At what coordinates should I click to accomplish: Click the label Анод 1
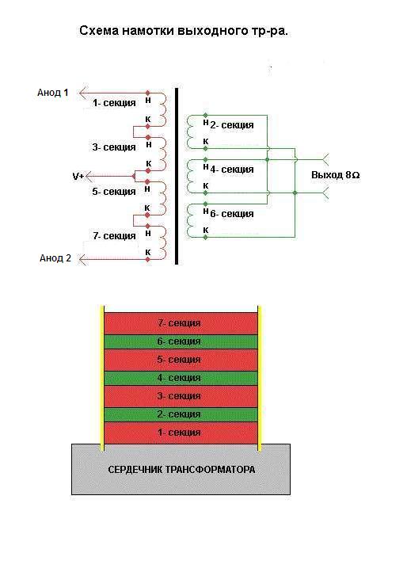[x=52, y=93]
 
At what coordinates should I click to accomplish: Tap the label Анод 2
[x=55, y=258]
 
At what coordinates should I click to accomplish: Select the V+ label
[x=78, y=177]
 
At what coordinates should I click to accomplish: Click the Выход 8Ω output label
[x=336, y=175]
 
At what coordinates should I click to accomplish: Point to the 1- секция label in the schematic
[x=114, y=103]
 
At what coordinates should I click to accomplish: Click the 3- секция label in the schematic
[x=114, y=147]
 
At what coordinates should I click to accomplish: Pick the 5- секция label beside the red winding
[x=114, y=192]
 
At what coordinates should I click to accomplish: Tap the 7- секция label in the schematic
[x=114, y=236]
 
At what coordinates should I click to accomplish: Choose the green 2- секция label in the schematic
[x=232, y=125]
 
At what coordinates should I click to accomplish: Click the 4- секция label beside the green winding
[x=232, y=170]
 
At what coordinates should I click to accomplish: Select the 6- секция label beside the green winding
[x=232, y=214]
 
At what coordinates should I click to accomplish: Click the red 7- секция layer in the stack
[x=181, y=323]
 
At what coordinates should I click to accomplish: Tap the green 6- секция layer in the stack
[x=181, y=341]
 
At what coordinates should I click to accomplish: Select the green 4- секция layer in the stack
[x=181, y=378]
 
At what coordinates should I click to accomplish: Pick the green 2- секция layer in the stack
[x=181, y=415]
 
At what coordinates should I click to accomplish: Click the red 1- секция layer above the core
[x=181, y=433]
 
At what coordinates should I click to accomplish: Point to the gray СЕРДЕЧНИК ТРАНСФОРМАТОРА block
[x=181, y=469]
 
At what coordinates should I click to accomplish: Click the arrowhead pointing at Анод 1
[x=84, y=93]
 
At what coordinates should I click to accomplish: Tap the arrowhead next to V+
[x=89, y=177]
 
